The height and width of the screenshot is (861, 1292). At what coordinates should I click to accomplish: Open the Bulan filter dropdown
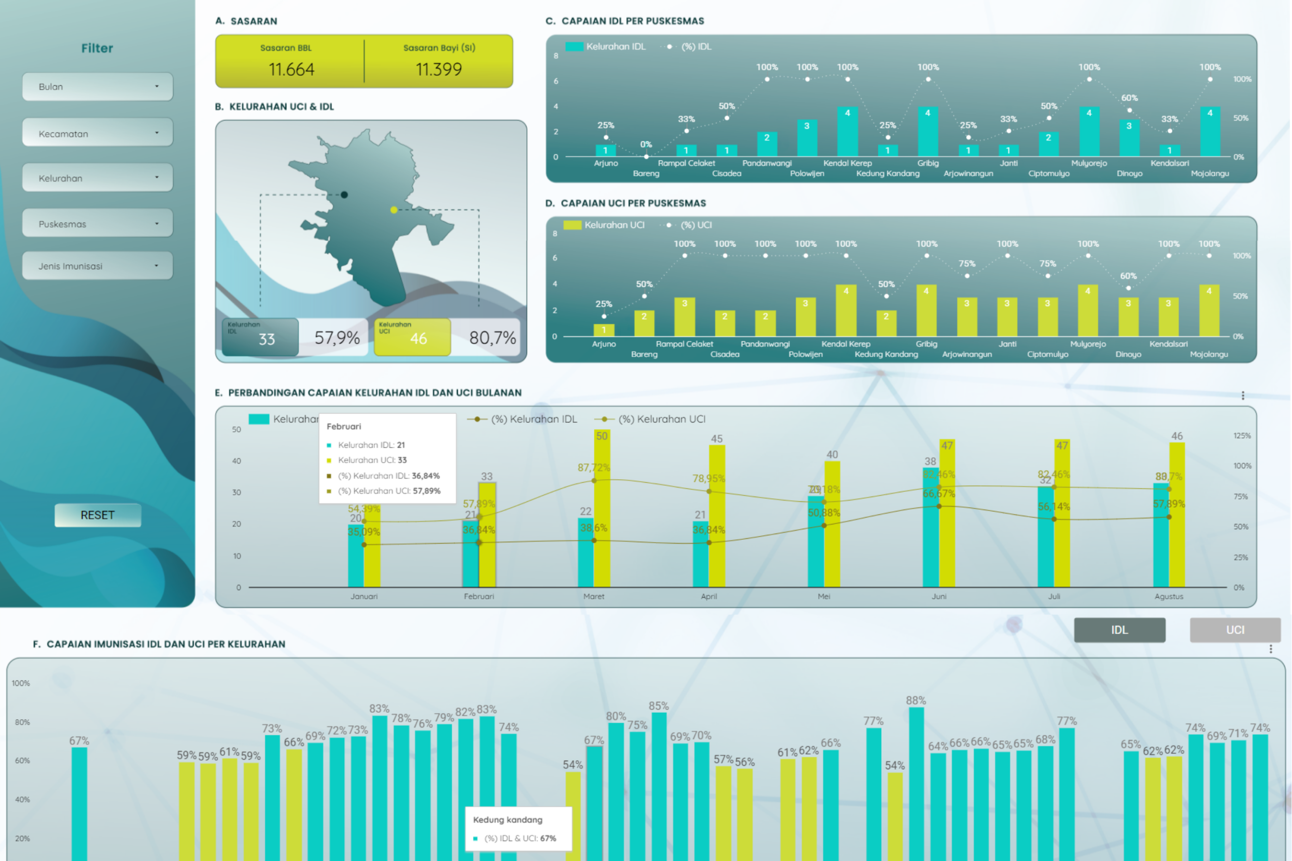[x=97, y=87]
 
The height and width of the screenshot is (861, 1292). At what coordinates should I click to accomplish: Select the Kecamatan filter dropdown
[x=97, y=133]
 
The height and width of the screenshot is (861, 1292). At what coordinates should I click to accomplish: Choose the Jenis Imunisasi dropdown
[x=97, y=266]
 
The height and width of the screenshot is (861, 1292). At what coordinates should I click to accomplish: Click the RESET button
[x=98, y=515]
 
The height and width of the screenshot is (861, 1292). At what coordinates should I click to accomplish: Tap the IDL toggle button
[x=1119, y=630]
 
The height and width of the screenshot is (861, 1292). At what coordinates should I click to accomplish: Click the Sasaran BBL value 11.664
[x=291, y=70]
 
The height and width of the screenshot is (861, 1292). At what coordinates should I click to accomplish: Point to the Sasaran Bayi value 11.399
[x=439, y=70]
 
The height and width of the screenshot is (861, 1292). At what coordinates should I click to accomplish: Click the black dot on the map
[x=344, y=194]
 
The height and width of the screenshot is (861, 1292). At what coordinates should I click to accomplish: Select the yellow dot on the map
[x=394, y=210]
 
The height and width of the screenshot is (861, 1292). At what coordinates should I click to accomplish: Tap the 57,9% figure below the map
[x=337, y=338]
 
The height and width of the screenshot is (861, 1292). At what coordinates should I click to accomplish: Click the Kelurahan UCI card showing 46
[x=412, y=337]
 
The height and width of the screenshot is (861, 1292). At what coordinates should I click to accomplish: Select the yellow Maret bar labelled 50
[x=602, y=510]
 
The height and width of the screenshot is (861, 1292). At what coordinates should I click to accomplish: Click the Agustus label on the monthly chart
[x=1168, y=596]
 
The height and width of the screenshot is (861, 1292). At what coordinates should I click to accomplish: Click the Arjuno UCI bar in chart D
[x=604, y=330]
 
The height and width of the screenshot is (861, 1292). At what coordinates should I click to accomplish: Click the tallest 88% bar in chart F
[x=916, y=780]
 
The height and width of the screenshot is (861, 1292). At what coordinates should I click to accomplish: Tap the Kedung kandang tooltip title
[x=508, y=820]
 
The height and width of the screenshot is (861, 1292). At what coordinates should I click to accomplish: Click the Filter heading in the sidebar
[x=97, y=48]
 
